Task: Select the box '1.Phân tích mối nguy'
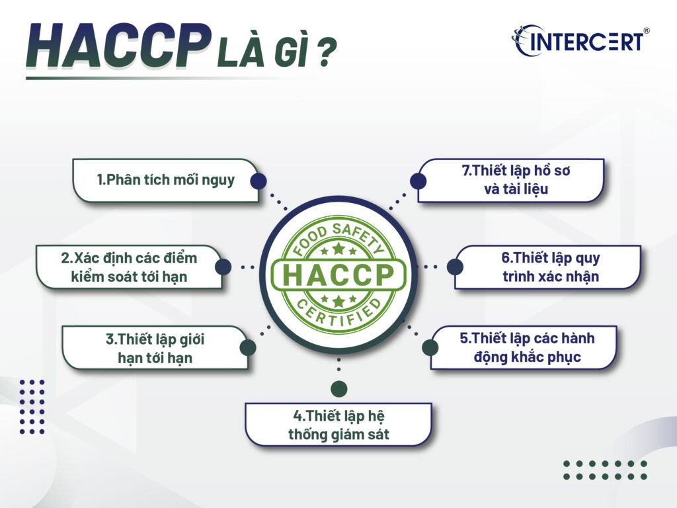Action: tap(165, 180)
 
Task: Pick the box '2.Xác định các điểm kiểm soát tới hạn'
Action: tap(129, 267)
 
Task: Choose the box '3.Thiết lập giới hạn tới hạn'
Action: tap(155, 348)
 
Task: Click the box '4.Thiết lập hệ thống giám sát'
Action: tap(338, 425)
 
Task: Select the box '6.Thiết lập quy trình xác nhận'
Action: tap(549, 267)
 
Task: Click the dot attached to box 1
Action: tap(259, 181)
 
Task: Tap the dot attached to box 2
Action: tap(223, 267)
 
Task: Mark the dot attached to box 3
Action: tap(247, 348)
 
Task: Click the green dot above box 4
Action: tap(338, 389)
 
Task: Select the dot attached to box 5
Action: tap(430, 348)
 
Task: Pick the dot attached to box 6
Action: tap(454, 267)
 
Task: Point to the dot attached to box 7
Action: tap(417, 181)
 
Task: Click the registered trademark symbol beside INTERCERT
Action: tap(646, 31)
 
